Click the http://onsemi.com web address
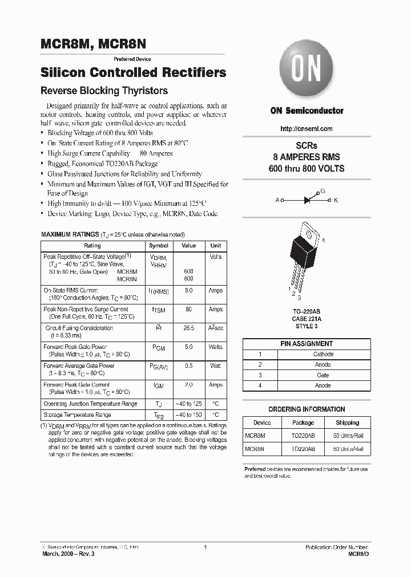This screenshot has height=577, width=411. [307, 129]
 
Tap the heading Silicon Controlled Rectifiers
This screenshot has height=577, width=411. [134, 73]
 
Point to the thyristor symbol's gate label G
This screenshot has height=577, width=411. [323, 191]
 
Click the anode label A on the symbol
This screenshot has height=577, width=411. [277, 200]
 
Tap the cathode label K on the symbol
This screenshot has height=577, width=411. [336, 200]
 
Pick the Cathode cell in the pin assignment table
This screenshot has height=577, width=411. [323, 354]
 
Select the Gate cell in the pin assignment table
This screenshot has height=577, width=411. [323, 375]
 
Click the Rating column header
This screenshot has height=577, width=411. [92, 246]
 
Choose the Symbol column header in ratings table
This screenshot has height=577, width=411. [159, 246]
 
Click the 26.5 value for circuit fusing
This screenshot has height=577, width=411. [189, 328]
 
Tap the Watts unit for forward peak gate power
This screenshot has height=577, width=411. [216, 347]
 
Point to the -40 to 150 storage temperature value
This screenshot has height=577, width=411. [189, 415]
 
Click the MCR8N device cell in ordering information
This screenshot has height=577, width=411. [255, 449]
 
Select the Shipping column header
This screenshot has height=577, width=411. [347, 423]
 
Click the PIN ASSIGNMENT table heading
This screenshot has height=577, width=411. [307, 344]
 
